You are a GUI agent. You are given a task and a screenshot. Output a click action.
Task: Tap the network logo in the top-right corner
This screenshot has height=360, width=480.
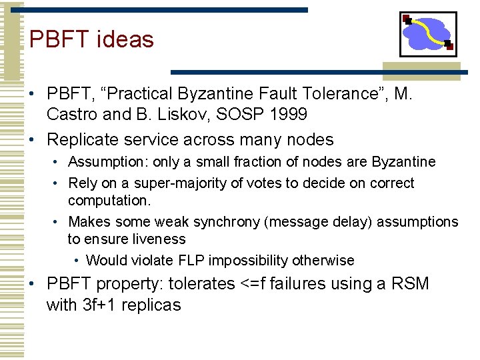click(x=428, y=34)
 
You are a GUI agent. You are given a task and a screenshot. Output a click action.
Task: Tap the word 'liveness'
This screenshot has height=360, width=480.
click(x=160, y=239)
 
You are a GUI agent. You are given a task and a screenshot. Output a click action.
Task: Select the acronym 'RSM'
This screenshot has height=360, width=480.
click(x=409, y=284)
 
